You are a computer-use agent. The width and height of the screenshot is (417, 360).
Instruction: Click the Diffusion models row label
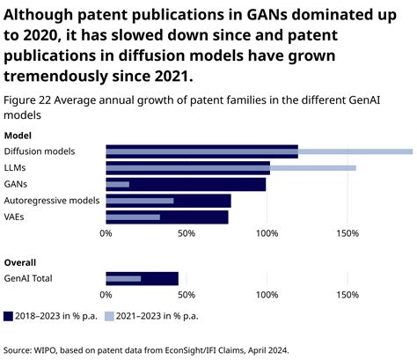click(40, 151)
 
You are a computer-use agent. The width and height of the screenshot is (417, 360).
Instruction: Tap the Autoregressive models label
click(52, 201)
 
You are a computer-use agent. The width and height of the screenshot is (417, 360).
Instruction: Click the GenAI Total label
click(30, 279)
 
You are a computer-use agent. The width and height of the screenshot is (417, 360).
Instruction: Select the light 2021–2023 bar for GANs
click(117, 184)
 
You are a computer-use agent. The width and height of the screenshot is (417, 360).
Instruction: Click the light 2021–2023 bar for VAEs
click(133, 217)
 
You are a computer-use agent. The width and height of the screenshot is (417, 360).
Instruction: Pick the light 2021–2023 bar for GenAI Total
click(123, 279)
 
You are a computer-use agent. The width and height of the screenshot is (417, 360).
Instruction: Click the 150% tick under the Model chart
click(347, 233)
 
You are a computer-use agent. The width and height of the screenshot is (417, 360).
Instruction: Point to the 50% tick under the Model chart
click(186, 233)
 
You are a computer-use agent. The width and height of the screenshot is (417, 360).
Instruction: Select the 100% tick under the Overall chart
click(267, 295)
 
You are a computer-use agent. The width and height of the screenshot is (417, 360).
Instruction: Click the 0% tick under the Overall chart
click(106, 295)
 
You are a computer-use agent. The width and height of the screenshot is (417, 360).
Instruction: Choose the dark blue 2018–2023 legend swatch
click(9, 315)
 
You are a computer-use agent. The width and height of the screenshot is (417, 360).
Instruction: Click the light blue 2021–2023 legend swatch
click(109, 315)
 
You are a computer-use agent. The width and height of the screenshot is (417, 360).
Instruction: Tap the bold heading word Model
click(18, 135)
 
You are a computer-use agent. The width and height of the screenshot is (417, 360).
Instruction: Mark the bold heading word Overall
click(20, 262)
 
